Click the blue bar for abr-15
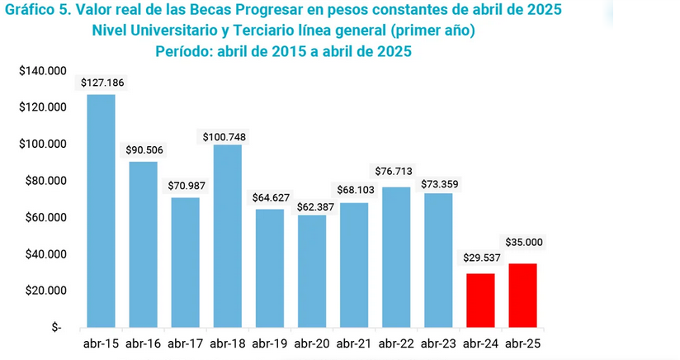[102, 211]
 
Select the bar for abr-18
[228, 236]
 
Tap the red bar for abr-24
[480, 300]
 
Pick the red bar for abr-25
[522, 295]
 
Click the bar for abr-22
[396, 257]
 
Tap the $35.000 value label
[522, 244]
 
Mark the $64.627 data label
[270, 198]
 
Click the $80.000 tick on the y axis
[45, 181]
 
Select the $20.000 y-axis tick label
[45, 291]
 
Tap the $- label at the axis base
[56, 328]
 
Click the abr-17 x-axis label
[186, 342]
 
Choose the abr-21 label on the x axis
[354, 342]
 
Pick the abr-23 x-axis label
[438, 342]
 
